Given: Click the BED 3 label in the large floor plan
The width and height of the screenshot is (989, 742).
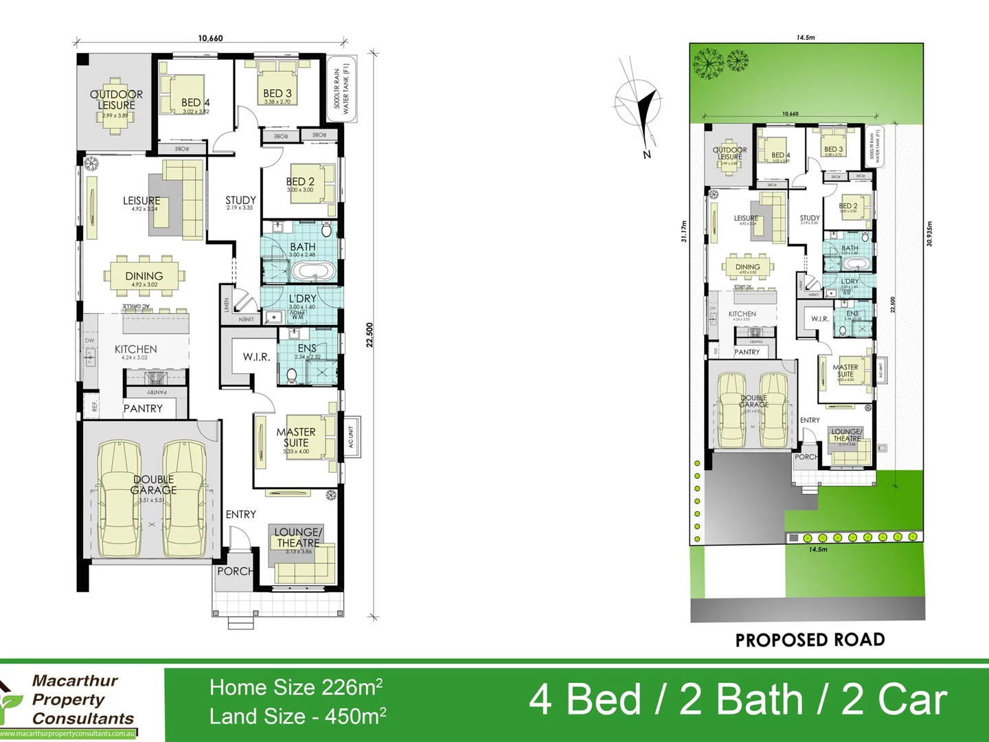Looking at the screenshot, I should coord(277,93).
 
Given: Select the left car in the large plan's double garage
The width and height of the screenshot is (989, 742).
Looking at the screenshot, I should coord(120,499).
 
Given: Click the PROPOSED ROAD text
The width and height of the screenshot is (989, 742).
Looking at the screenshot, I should coord(810,640).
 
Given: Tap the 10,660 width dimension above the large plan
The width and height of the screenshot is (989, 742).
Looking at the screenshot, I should coord(210,38).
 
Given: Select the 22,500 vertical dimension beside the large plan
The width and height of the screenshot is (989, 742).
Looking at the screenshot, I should coord(370,335).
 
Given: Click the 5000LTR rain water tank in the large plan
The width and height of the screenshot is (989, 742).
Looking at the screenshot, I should coord(341,89).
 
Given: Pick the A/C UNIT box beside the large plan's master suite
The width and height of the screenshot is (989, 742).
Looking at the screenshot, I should coord(351,437).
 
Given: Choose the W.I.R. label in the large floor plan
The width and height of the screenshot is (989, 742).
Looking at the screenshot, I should coord(255,357).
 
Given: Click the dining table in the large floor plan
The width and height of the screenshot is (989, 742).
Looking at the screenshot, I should coord(144,276).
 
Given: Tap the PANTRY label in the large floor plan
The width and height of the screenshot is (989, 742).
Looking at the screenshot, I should coord(143,409).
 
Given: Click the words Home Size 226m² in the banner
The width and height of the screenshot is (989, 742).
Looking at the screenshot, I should coord(295,687).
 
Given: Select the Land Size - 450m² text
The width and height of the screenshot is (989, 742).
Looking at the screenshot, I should coord(297,717).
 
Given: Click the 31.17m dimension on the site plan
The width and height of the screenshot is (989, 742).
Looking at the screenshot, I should coord(683,231).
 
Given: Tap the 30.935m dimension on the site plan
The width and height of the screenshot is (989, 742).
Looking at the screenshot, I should coord(929,234).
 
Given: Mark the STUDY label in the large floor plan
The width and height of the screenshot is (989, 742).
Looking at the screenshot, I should coord(240,201).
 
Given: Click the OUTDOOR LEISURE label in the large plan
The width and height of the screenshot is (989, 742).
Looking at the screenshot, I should coord(116,100).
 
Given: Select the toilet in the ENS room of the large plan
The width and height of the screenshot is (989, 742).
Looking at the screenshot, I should coord(291,375).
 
